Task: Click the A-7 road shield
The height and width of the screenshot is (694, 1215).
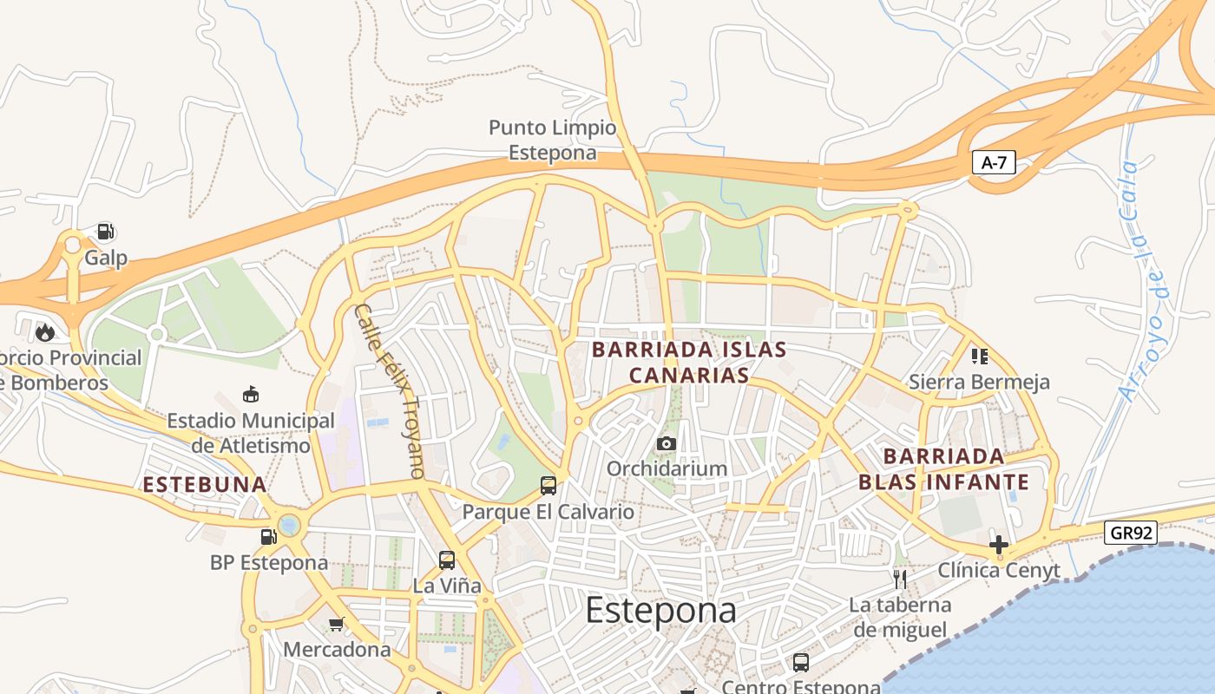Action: pos(993,162)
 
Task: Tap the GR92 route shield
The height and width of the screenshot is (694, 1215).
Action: pos(1133,533)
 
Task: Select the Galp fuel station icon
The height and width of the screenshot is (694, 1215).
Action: pos(105,232)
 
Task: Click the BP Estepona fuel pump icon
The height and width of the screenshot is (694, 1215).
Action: pos(269,536)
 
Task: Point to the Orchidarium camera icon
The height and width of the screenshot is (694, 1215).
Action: pos(666,443)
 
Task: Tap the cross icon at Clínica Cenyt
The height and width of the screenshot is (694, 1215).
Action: pos(999,545)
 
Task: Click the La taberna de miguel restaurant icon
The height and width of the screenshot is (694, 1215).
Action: pos(900,579)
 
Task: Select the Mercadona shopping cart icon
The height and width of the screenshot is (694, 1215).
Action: pos(337,624)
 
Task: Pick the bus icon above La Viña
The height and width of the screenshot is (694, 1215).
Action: pos(447,560)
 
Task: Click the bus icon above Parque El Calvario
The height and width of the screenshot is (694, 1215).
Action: pos(548,485)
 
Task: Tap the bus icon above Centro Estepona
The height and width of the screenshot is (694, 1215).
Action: pos(801,663)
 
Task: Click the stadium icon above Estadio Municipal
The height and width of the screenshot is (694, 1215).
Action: pos(251,395)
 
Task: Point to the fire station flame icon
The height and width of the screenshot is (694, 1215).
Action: pos(44,331)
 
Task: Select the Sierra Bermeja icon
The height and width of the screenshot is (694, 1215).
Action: pos(980,356)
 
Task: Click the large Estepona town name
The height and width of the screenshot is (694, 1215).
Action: pos(660,610)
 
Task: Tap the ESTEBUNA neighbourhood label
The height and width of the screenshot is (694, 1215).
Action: pos(205,485)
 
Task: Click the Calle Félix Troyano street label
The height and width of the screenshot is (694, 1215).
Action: pos(389,391)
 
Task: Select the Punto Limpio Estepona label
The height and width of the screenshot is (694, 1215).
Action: pos(553,140)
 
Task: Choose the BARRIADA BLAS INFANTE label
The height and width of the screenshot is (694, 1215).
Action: pos(943,468)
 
